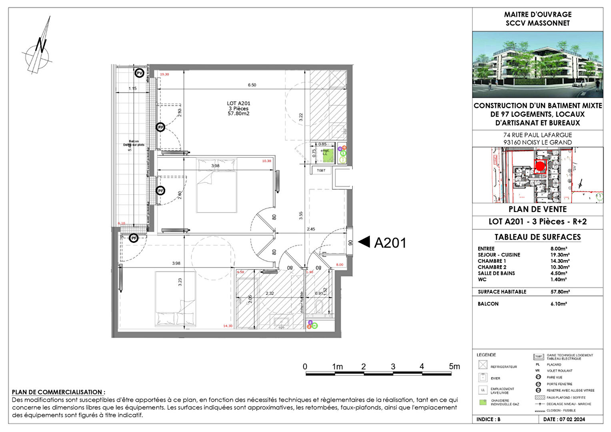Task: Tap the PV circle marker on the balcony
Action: [139, 73]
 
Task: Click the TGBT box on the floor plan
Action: [321, 170]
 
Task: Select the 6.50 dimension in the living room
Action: [252, 85]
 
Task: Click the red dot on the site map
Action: [540, 166]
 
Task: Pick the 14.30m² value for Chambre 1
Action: [560, 261]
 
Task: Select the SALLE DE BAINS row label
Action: [496, 274]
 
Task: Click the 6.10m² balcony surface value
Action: [559, 304]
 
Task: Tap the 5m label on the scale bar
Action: [454, 366]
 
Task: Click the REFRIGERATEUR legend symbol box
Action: [483, 365]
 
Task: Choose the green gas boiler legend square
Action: [483, 402]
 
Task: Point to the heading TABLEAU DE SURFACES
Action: [537, 237]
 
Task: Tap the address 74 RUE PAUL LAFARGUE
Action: [537, 135]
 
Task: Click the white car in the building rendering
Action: [579, 84]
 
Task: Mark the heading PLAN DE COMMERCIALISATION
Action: [58, 392]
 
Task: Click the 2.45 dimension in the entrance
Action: [311, 229]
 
